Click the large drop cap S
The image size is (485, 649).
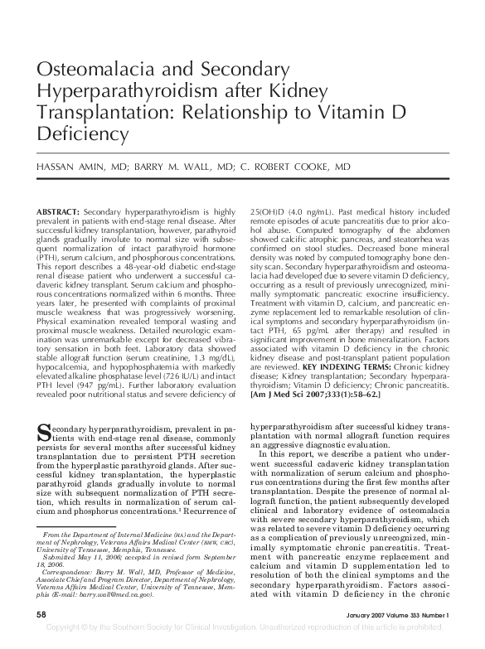[x=44, y=432]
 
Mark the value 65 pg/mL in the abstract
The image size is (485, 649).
[x=314, y=332]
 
